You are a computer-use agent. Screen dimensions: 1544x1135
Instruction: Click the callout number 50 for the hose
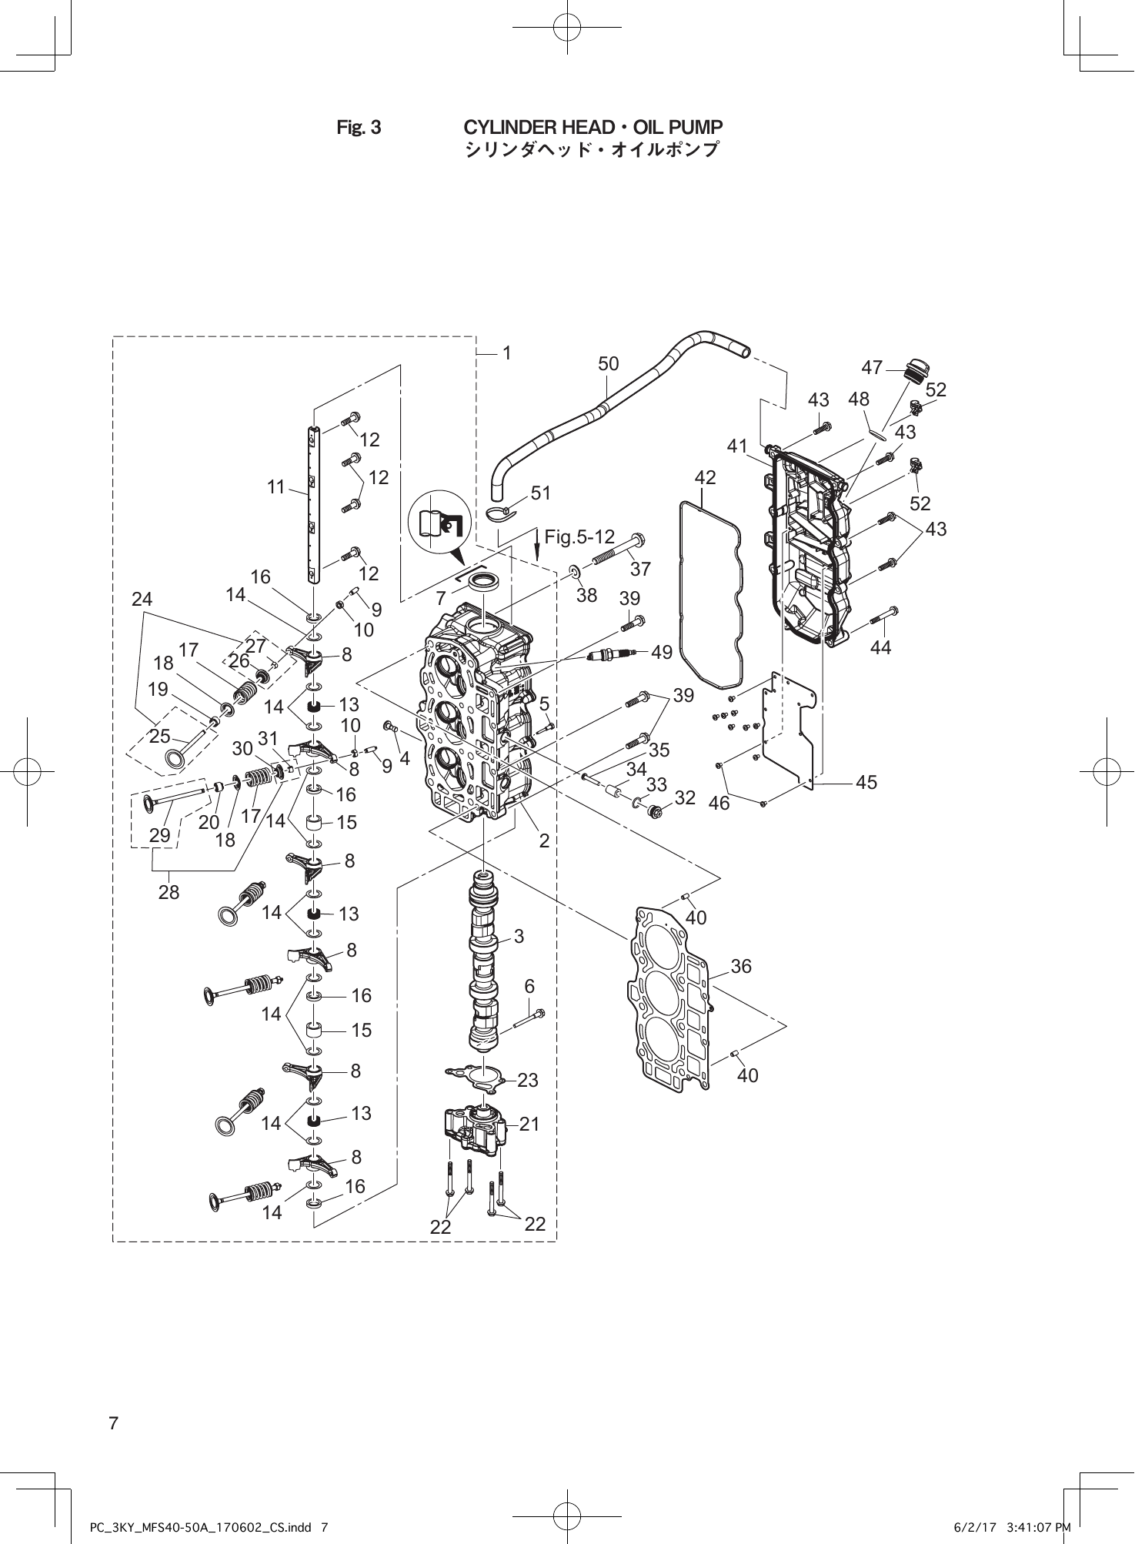[x=608, y=364]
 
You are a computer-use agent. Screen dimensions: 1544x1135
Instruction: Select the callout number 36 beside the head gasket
[x=741, y=966]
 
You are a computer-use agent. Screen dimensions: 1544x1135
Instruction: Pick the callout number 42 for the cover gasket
[x=705, y=477]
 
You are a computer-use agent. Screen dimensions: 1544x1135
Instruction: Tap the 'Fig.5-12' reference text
[x=579, y=536]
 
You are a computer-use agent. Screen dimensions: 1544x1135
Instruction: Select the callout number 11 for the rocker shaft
[x=276, y=487]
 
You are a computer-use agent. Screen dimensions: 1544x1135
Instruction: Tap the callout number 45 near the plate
[x=866, y=782]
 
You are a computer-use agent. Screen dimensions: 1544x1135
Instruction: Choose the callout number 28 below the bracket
[x=169, y=892]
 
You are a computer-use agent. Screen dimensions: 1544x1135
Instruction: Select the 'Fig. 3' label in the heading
[x=359, y=128]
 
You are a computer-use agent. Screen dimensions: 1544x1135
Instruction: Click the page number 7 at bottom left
[x=114, y=1423]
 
